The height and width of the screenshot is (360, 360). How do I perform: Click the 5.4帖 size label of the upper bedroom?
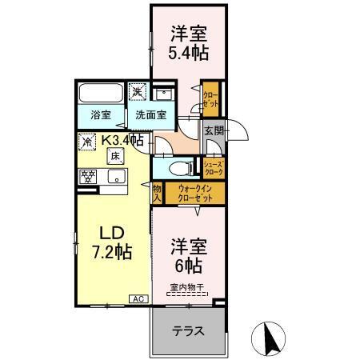pos(190,54)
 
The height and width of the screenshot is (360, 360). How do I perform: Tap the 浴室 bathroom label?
pos(100,114)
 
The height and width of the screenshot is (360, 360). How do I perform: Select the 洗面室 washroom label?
pos(150,114)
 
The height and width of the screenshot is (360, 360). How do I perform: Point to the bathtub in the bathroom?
pos(101,93)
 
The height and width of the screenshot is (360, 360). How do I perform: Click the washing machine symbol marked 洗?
pos(139,92)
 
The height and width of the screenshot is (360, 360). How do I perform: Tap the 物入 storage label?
pos(158,192)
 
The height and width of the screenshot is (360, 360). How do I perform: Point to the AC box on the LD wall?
pos(137,298)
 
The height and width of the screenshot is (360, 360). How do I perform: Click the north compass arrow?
pos(273,337)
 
